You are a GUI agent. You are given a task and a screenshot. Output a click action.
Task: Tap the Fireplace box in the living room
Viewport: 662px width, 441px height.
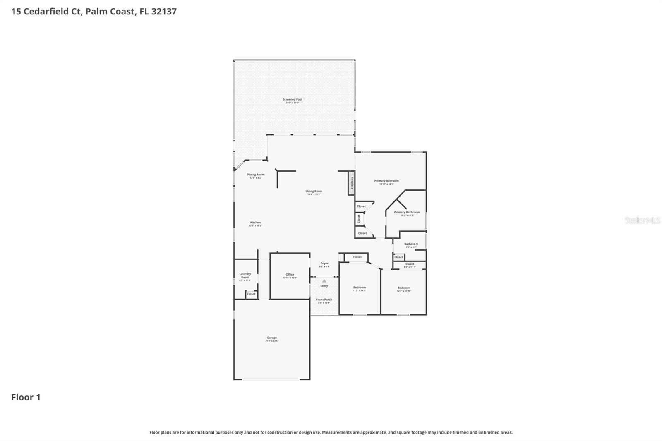pos(351,182)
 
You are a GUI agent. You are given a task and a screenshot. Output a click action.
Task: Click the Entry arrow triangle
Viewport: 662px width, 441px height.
pos(324,281)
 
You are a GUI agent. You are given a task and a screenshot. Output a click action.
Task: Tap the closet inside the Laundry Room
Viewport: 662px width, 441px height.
pos(251,294)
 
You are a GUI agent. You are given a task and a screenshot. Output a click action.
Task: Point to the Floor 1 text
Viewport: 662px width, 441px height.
pos(26,397)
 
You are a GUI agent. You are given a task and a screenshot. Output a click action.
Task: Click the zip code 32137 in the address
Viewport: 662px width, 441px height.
pos(164,11)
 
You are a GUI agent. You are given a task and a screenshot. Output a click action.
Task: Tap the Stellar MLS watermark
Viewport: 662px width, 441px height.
pos(642,220)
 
